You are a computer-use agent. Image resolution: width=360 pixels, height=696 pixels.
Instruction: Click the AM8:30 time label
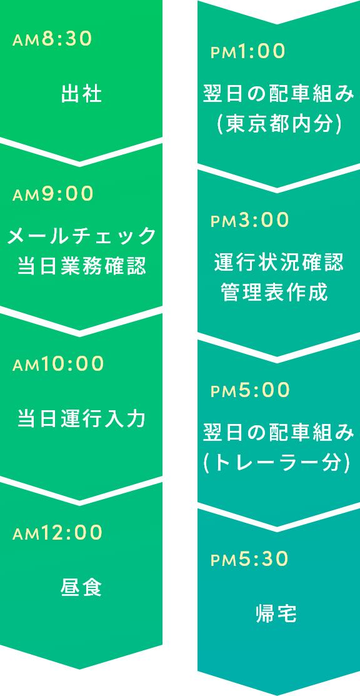click(x=52, y=39)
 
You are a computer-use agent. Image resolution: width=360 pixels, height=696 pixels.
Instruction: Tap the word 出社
click(x=81, y=94)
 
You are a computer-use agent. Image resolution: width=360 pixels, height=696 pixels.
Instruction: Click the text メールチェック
click(x=82, y=236)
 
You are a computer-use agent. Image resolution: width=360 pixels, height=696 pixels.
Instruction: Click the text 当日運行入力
click(x=82, y=418)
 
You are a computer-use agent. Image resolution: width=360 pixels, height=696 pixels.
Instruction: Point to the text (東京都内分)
click(x=279, y=124)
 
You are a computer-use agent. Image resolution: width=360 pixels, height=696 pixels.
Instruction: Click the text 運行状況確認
click(x=279, y=263)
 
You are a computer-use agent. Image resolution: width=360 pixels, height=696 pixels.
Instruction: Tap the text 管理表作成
click(x=274, y=293)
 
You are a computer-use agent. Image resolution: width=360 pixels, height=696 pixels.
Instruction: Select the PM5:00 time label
click(x=250, y=390)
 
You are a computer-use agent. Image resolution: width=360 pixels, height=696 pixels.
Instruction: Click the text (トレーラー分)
click(x=279, y=463)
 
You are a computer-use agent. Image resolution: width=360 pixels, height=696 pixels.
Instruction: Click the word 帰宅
click(x=276, y=613)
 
